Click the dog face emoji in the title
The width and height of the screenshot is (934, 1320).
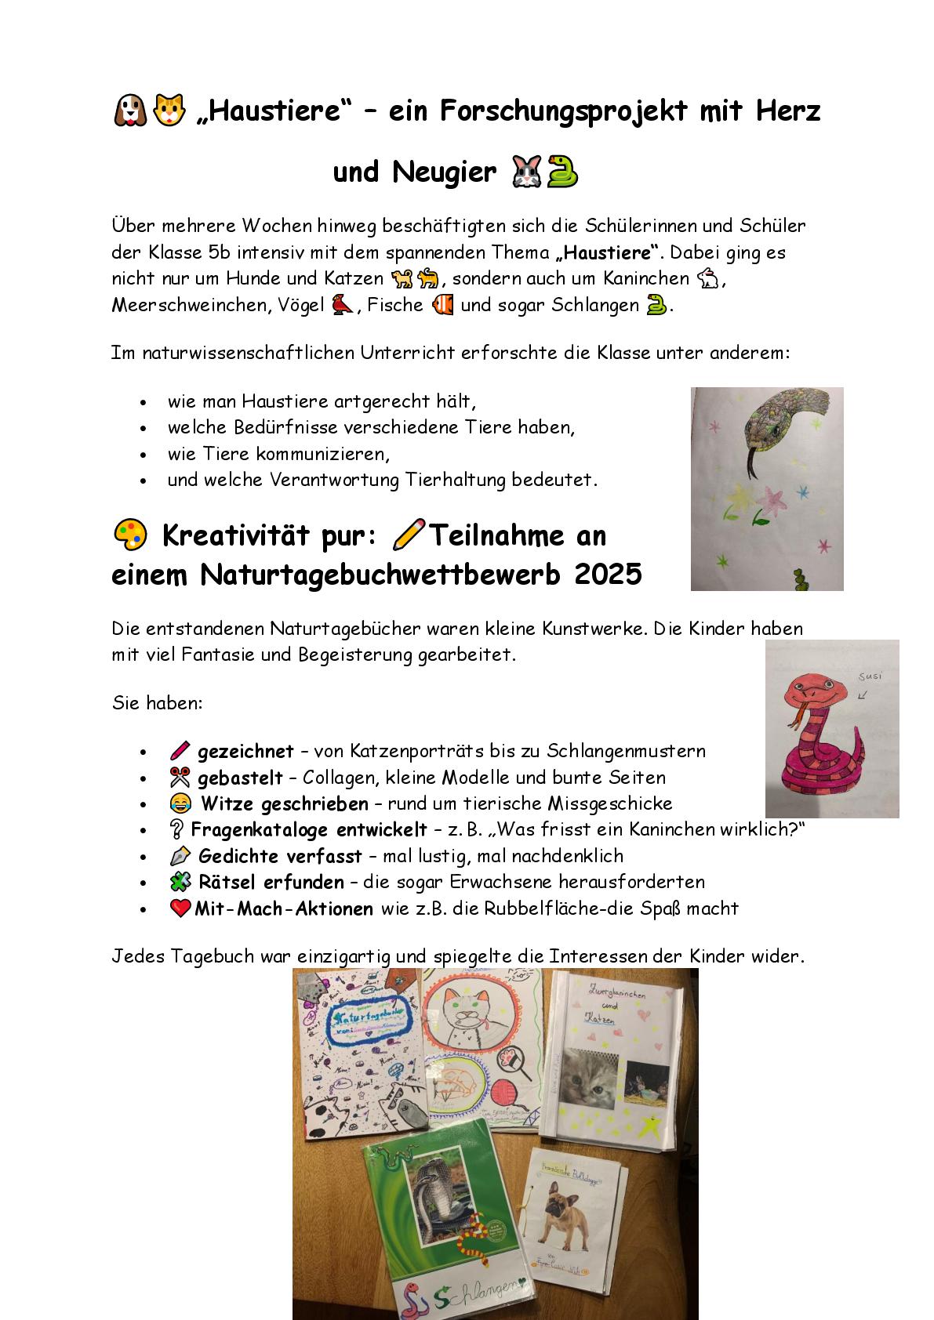130,111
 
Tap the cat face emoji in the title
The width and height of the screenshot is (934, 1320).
169,111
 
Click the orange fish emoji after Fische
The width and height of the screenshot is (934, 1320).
442,304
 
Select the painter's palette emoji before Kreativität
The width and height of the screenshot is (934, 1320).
130,535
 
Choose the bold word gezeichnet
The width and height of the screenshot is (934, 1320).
245,751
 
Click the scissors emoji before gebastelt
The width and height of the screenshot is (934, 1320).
180,778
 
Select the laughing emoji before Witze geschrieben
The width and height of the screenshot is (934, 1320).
180,803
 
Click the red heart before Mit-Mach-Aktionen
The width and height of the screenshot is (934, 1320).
180,908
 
